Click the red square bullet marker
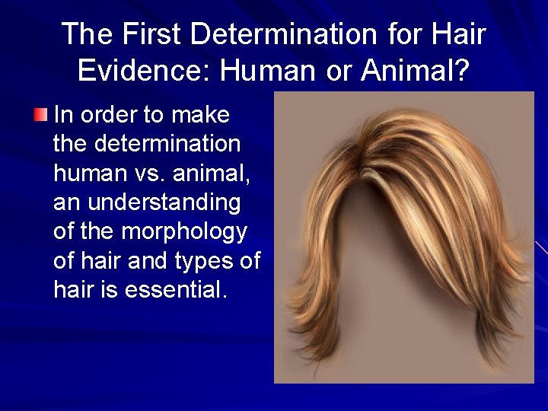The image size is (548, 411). pos(40,115)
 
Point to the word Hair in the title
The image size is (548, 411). pos(458,34)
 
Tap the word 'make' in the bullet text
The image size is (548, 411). pos(201,116)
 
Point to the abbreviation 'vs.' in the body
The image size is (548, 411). pos(144,173)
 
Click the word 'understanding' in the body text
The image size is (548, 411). pos(164,202)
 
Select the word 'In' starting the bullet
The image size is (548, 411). pos(63,116)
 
